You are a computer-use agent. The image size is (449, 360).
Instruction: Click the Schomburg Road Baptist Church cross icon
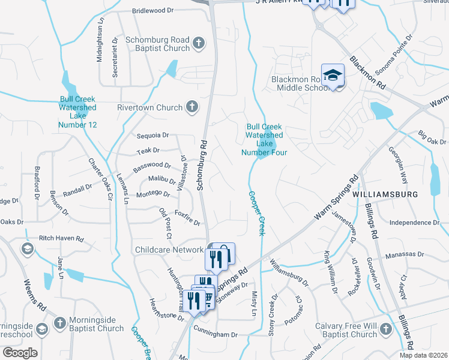pyautogui.click(x=199, y=43)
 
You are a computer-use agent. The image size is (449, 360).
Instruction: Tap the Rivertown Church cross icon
pyautogui.click(x=191, y=107)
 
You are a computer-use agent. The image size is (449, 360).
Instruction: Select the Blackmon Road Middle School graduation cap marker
pyautogui.click(x=333, y=75)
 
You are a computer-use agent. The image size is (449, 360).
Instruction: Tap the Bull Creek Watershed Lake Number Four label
pyautogui.click(x=264, y=140)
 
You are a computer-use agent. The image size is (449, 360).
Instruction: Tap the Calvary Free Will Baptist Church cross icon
pyautogui.click(x=385, y=329)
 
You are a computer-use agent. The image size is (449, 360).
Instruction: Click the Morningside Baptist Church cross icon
pyautogui.click(x=59, y=323)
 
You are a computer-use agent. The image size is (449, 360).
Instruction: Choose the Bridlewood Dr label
pyautogui.click(x=152, y=11)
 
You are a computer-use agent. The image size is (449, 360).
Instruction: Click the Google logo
pyautogui.click(x=20, y=353)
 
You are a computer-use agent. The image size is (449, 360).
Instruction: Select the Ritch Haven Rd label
pyautogui.click(x=61, y=238)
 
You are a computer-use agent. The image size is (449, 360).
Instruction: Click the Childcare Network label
pyautogui.click(x=169, y=250)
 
